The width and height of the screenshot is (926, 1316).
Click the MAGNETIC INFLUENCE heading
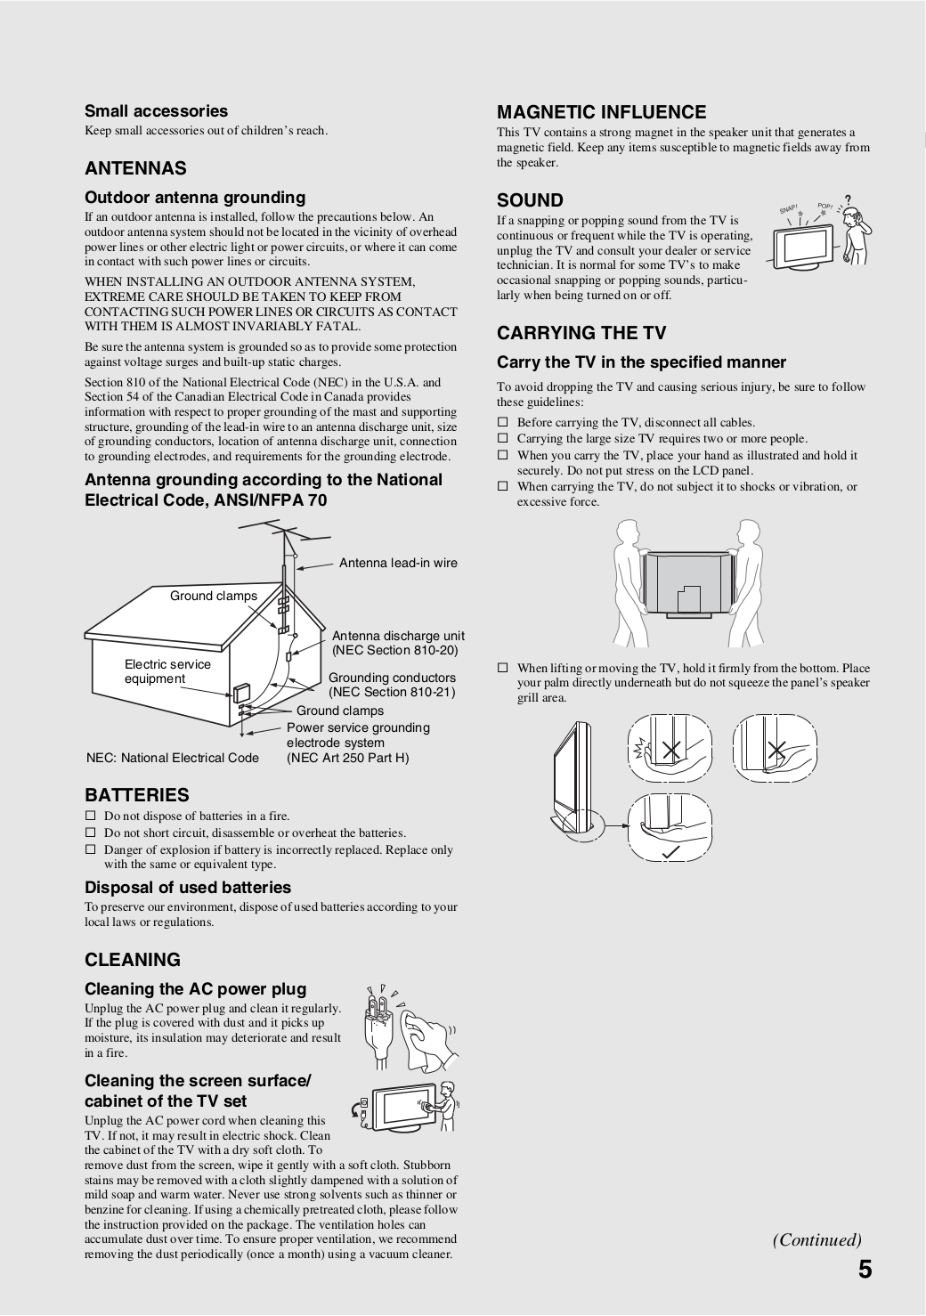(601, 112)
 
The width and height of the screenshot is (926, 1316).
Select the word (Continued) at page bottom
(816, 1239)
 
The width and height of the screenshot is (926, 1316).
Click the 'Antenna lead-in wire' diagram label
(398, 563)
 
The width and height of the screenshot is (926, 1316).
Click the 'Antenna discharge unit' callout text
(398, 636)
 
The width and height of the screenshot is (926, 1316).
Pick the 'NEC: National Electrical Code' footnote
(173, 758)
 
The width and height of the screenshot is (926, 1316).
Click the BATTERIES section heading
(136, 795)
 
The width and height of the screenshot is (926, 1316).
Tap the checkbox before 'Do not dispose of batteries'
(90, 816)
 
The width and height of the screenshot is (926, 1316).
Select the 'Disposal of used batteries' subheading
(188, 888)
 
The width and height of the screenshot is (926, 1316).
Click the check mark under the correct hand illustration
(670, 853)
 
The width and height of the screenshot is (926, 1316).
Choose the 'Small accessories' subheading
(156, 111)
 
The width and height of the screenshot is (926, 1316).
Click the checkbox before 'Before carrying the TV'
(502, 422)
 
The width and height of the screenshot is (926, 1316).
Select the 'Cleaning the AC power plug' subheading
(195, 989)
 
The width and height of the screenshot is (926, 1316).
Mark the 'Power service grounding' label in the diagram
(358, 727)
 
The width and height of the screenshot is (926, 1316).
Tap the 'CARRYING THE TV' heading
(581, 333)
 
